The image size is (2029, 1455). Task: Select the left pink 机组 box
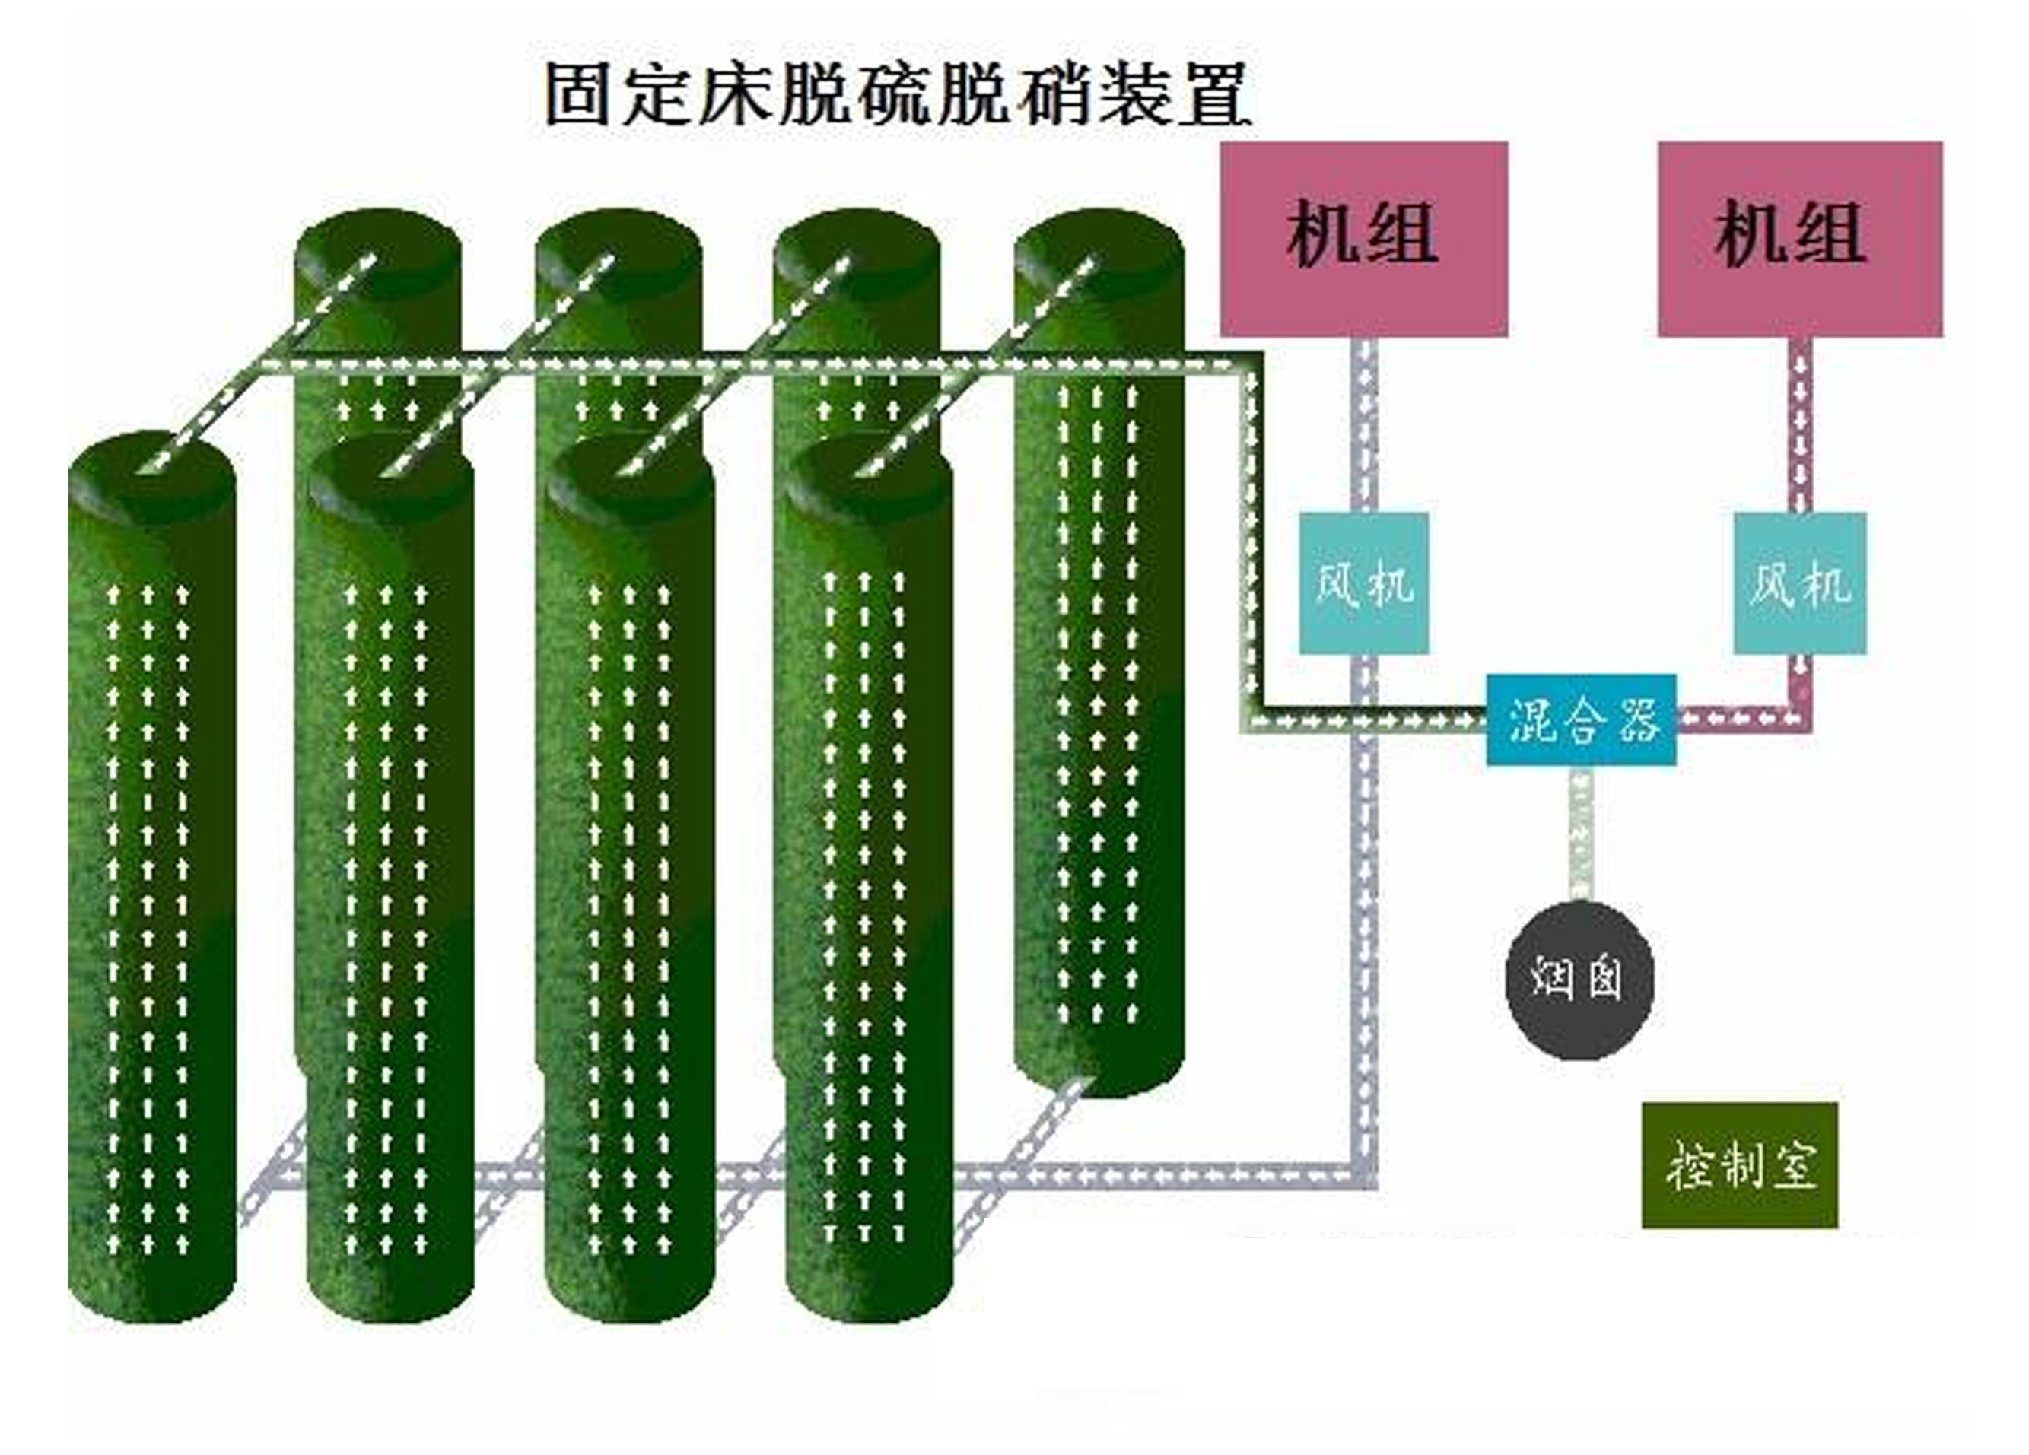click(1363, 239)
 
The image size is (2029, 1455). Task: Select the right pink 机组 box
click(1799, 239)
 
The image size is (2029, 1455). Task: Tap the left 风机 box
click(1363, 583)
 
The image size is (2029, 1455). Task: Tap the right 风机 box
click(1799, 583)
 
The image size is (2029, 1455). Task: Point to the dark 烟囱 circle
click(1579, 980)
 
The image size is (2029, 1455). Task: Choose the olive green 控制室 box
click(1739, 1164)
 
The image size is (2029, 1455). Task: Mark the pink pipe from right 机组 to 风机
click(1801, 424)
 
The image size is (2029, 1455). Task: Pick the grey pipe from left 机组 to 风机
click(1365, 424)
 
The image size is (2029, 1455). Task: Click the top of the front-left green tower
click(152, 474)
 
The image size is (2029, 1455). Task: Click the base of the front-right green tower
click(870, 1288)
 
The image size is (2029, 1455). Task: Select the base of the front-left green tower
click(152, 1288)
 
